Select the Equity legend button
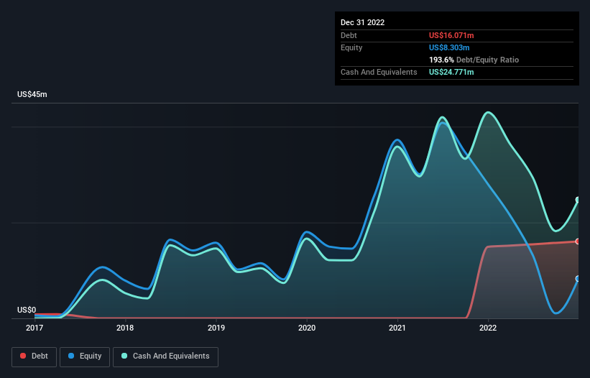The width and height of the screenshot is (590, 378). click(x=85, y=356)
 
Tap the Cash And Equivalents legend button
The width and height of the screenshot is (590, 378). click(x=165, y=356)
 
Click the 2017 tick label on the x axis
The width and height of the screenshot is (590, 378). click(x=34, y=328)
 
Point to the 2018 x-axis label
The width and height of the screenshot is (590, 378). click(x=125, y=328)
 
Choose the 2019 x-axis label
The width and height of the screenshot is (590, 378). click(x=216, y=328)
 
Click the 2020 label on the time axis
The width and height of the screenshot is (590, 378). click(x=307, y=328)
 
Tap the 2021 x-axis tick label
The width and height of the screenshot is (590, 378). click(x=397, y=328)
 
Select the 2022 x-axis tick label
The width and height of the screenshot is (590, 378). click(x=488, y=328)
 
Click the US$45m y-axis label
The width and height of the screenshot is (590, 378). click(x=32, y=95)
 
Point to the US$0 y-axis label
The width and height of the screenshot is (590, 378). click(x=27, y=310)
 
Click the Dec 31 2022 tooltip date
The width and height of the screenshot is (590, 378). click(x=362, y=22)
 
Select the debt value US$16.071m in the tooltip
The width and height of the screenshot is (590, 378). click(x=451, y=35)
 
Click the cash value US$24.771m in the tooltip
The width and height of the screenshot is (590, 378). click(x=451, y=72)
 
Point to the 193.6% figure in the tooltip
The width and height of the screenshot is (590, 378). click(x=442, y=60)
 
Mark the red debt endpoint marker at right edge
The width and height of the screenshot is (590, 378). click(x=577, y=241)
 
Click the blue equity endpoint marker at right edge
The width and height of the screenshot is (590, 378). click(x=577, y=279)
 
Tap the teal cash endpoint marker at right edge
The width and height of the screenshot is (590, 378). click(x=577, y=200)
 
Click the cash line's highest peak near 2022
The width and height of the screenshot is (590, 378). click(x=489, y=112)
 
